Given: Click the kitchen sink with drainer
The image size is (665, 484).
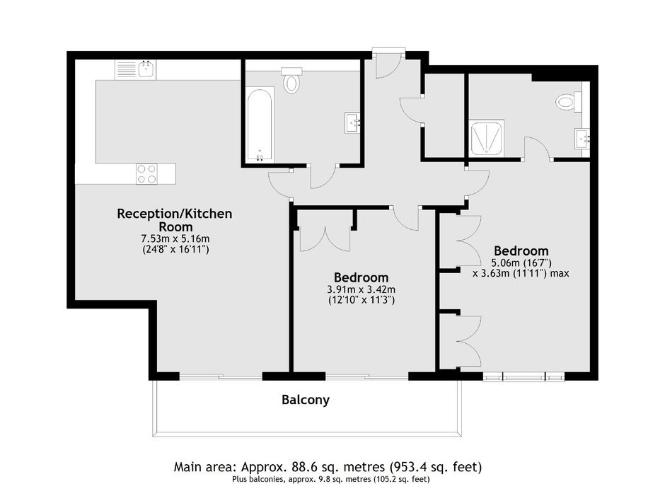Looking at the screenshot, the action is pos(135,69).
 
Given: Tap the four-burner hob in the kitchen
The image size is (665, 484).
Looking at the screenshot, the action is pos(146,174).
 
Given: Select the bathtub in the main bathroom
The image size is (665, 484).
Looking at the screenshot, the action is pos(260,125).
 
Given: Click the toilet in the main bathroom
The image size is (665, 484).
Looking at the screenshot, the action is pos(291,80).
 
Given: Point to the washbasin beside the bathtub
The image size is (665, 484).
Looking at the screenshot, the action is pos(353,123).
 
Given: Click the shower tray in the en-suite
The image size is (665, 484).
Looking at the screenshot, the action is pos(487,138).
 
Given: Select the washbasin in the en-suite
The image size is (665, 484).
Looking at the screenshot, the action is pos(582,139).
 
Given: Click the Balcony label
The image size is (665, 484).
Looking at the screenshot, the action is pos(306,400).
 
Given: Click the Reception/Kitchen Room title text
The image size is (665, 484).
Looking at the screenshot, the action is pos(175,220).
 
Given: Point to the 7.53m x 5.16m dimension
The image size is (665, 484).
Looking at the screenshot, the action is pos(175,239).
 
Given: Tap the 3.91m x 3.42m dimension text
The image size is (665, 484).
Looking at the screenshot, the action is pos(362,289).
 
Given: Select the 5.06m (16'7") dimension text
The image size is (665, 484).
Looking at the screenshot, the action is pos(521,263).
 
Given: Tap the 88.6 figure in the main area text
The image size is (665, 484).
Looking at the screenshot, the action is pos(304,468).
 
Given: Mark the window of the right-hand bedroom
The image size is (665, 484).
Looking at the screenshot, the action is pos(524,376).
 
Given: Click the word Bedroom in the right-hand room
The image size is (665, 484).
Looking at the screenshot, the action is pos(521,250).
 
